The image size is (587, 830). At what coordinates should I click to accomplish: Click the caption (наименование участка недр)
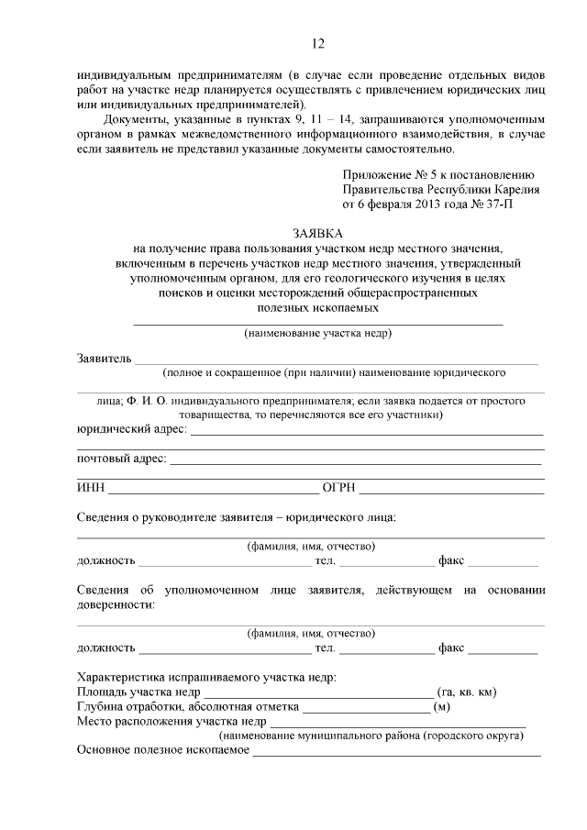(317, 333)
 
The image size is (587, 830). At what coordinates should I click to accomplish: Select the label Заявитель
(104, 358)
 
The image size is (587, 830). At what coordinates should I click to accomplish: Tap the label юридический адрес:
(131, 429)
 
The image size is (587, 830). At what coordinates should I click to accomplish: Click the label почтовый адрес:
(121, 458)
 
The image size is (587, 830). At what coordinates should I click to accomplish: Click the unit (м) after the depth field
(441, 707)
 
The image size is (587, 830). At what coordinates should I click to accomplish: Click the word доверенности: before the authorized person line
(116, 604)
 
